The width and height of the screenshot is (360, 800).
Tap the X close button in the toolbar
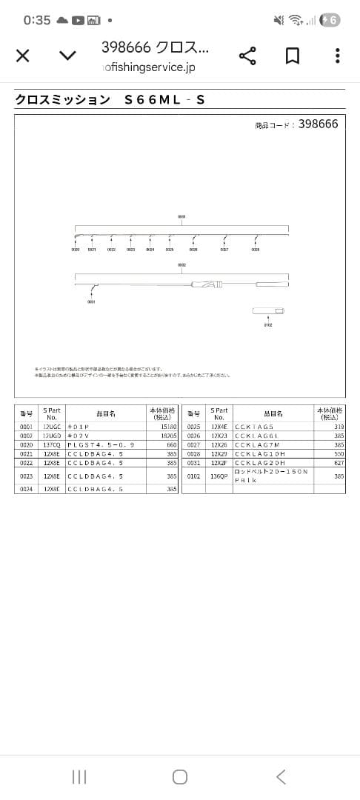click(x=23, y=56)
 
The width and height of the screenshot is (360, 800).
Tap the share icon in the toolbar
click(x=247, y=56)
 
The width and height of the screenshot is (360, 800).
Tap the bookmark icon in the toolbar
click(x=293, y=56)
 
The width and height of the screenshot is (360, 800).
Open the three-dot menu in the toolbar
click(x=337, y=56)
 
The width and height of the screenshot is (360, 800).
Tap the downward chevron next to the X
click(x=67, y=56)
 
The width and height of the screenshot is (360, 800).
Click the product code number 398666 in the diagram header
click(x=319, y=124)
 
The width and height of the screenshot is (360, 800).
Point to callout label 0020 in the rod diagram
click(x=76, y=250)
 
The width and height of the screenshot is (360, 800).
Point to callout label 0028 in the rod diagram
click(x=255, y=250)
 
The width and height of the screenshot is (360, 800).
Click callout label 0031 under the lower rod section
click(x=91, y=301)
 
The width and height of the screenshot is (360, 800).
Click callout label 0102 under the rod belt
click(x=268, y=324)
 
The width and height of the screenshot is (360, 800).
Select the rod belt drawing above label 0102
click(x=267, y=310)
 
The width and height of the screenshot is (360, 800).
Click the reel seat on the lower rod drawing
click(x=207, y=284)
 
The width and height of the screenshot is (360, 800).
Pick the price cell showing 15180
click(x=169, y=427)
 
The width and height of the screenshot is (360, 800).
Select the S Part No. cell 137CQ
click(x=52, y=444)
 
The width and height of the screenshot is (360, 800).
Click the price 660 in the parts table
click(x=171, y=444)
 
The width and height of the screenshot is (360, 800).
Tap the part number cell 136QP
click(x=219, y=476)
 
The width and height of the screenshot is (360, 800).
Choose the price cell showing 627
click(x=339, y=462)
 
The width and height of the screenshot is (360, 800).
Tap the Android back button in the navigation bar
click(x=281, y=776)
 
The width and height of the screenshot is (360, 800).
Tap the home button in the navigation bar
click(x=179, y=776)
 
